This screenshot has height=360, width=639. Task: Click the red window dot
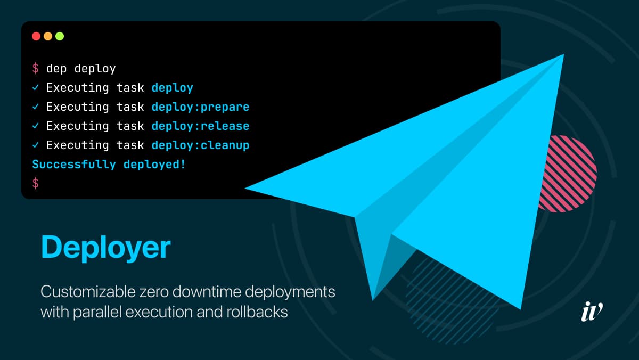pos(36,36)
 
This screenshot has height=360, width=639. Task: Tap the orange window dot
pos(48,36)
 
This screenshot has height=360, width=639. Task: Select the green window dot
pos(60,36)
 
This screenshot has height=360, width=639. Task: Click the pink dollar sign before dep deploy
pos(35,69)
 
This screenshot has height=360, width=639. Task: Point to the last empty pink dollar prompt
pos(35,183)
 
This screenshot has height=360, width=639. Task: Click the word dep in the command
pos(56,69)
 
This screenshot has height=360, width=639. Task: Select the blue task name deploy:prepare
pos(200,107)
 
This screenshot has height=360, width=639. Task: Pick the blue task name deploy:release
pos(200,126)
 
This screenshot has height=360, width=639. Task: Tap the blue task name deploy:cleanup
pos(200,145)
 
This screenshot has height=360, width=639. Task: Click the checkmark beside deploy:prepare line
pos(35,107)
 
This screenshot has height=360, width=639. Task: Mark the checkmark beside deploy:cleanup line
pos(35,145)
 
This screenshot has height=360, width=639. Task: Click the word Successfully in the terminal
pos(74,165)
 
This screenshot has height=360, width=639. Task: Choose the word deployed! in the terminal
pos(154,165)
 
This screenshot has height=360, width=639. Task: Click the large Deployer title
pos(106,248)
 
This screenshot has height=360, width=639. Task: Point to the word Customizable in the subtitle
pos(88,292)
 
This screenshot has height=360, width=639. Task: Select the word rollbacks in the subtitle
pos(257,312)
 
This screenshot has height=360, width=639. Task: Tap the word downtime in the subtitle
pos(207,292)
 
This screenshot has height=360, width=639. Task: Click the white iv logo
pos(592,311)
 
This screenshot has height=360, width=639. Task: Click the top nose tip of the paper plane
pos(564,54)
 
